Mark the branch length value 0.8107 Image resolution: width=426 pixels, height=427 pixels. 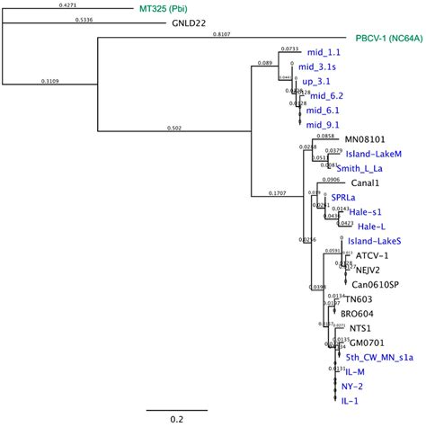pyautogui.click(x=220, y=34)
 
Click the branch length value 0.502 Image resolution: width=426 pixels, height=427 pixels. pyautogui.click(x=174, y=128)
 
